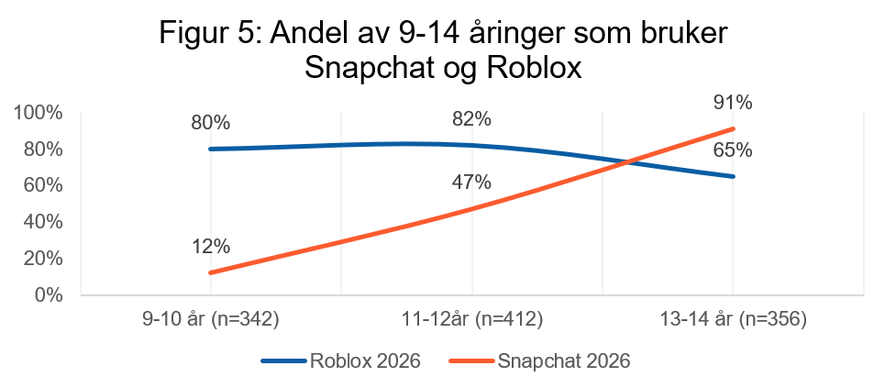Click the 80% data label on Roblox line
(x=211, y=122)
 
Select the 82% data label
(x=471, y=120)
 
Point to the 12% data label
(x=211, y=247)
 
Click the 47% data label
(x=471, y=182)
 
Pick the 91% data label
(x=733, y=102)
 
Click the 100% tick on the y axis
(x=39, y=113)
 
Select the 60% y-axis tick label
(x=43, y=185)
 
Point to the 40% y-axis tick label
(x=43, y=222)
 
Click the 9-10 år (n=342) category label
(x=211, y=320)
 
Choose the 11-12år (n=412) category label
(x=471, y=320)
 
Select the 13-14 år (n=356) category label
(x=733, y=320)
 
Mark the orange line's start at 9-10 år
(x=211, y=272)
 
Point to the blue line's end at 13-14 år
(x=733, y=176)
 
